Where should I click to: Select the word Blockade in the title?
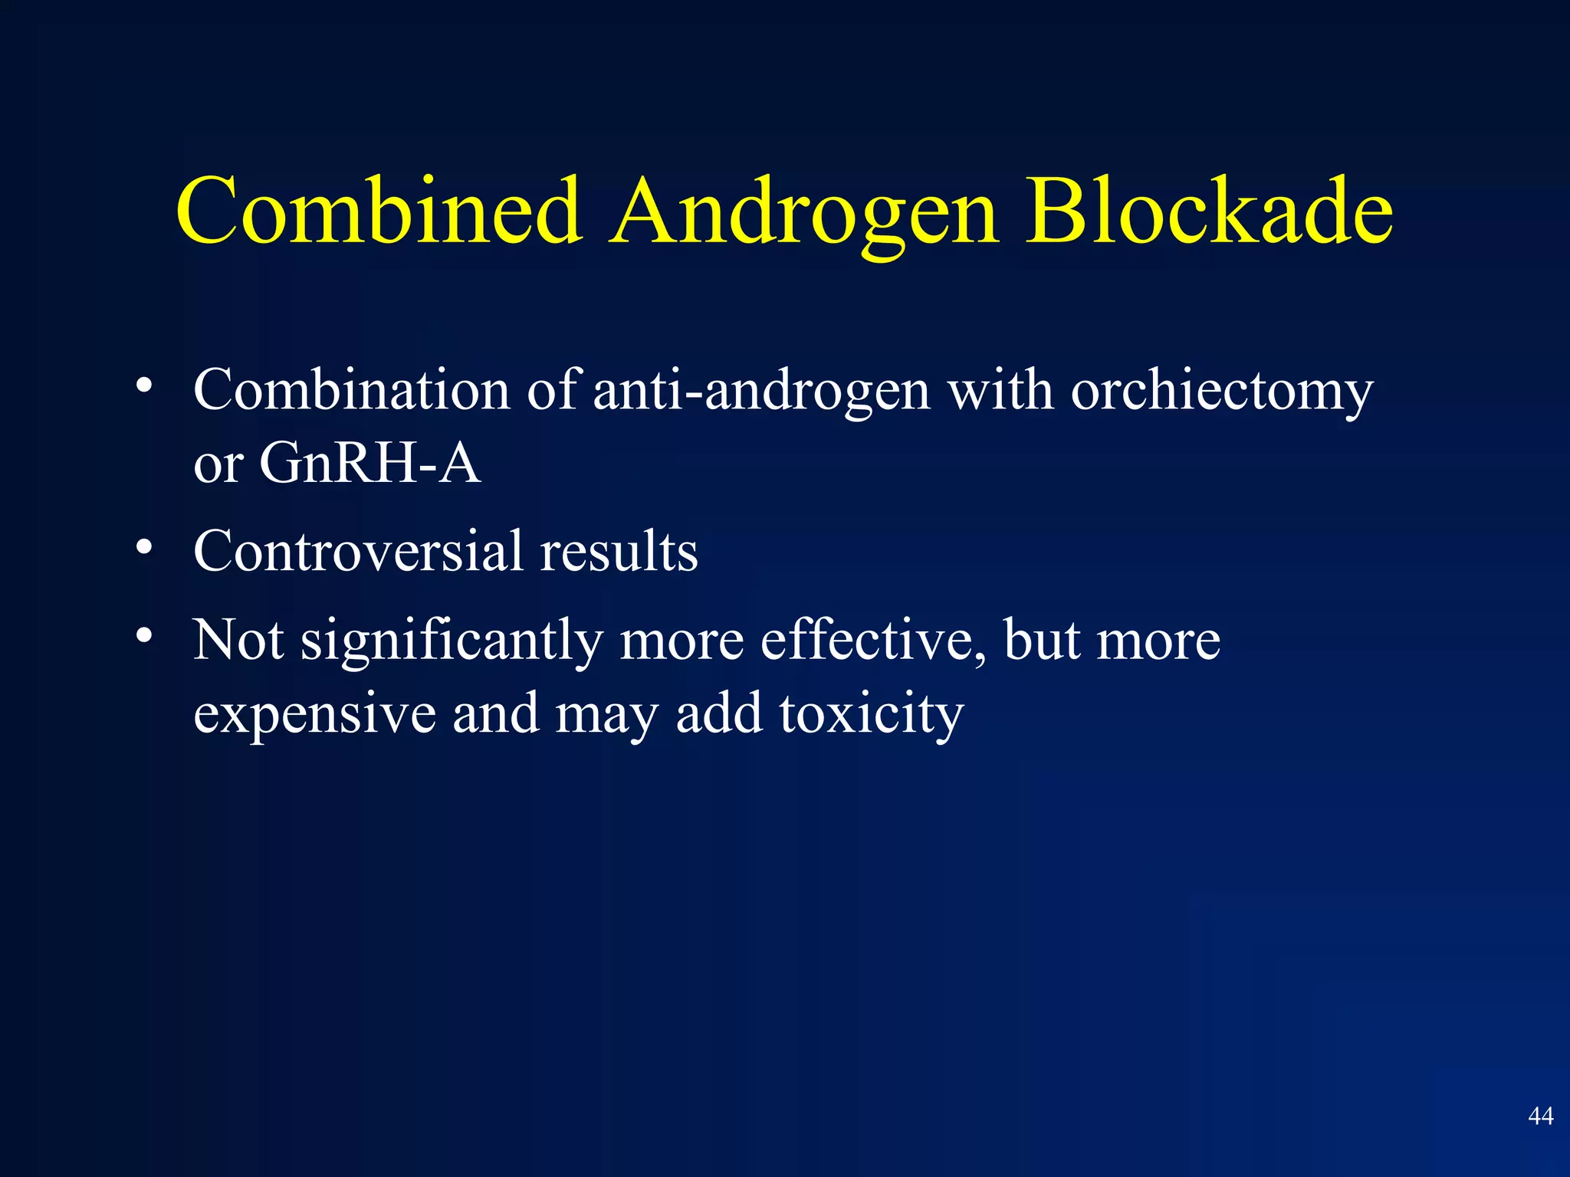coord(1210,211)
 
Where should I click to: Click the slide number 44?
coord(1540,1116)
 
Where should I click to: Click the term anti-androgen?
coord(761,391)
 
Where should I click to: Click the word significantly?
coord(452,641)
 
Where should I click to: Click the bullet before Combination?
coord(144,386)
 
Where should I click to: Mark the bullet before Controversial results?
coord(144,547)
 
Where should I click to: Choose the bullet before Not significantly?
coord(144,636)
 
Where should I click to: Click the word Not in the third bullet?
coord(238,639)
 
